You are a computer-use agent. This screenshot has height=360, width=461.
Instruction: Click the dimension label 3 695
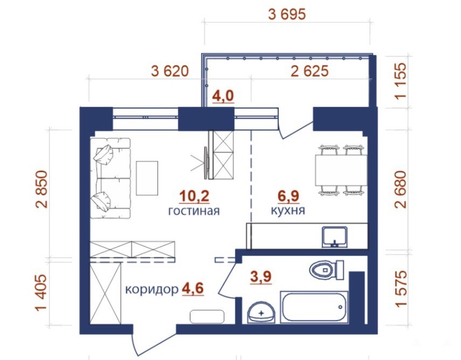click(x=287, y=14)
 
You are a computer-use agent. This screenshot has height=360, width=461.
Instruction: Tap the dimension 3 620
click(x=170, y=71)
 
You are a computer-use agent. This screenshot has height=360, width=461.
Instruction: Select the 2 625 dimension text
click(x=309, y=71)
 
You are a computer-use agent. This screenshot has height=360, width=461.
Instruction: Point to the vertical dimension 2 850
click(x=42, y=189)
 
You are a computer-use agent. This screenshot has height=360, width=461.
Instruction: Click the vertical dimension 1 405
click(x=42, y=293)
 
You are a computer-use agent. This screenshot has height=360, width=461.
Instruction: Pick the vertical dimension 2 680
click(x=401, y=189)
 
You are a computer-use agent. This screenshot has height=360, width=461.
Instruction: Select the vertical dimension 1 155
click(x=401, y=81)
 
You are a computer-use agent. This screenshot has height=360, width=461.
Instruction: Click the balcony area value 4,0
click(x=223, y=96)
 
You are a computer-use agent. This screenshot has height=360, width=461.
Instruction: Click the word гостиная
click(x=194, y=211)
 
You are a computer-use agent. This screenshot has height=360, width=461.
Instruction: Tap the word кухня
click(x=287, y=210)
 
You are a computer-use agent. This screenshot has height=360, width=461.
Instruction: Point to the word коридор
click(x=152, y=290)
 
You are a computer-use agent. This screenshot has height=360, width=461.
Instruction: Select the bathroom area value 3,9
click(x=261, y=277)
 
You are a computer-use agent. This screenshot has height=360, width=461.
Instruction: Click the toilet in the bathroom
click(x=327, y=270)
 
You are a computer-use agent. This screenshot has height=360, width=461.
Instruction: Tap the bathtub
click(x=314, y=307)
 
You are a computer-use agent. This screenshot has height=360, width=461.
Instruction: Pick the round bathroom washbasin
click(x=262, y=313)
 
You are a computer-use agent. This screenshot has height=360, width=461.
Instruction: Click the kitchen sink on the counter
click(x=335, y=237)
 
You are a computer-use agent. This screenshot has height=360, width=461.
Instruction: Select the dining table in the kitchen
click(x=341, y=171)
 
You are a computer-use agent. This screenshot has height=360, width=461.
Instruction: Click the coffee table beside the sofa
click(x=147, y=178)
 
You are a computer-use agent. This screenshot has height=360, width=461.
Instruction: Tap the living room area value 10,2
click(x=194, y=196)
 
